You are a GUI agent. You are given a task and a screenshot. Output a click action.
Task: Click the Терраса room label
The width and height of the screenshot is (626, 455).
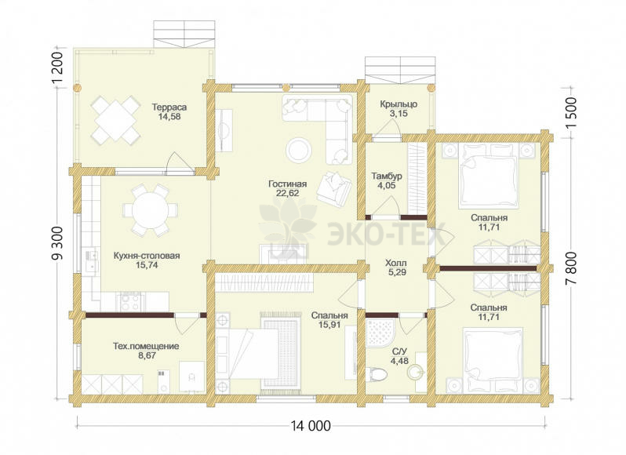[169, 107]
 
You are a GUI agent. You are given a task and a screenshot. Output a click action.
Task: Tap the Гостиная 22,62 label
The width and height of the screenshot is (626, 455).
[287, 188]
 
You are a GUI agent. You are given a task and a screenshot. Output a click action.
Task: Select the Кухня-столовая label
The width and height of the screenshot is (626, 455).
[147, 256]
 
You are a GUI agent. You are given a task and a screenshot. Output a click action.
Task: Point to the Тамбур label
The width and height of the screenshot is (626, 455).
[387, 176]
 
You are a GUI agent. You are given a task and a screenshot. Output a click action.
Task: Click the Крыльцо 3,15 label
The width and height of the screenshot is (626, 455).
[399, 108]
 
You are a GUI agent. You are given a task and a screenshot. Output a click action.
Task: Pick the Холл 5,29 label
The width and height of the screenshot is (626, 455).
[396, 268]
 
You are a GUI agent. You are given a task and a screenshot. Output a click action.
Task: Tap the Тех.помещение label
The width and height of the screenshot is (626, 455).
[146, 346]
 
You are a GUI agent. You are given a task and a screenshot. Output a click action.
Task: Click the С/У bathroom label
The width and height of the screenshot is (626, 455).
[399, 351]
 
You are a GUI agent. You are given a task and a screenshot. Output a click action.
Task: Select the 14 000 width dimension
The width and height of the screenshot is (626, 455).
[311, 426]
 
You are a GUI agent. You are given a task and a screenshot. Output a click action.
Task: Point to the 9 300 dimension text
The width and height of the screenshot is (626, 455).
[58, 243]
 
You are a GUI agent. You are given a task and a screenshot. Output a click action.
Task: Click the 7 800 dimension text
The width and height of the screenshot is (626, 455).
[571, 268]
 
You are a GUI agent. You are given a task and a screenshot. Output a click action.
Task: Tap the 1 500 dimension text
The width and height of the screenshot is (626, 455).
[571, 113]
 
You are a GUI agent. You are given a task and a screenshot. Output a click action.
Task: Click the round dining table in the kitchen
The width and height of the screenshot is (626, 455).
[150, 209]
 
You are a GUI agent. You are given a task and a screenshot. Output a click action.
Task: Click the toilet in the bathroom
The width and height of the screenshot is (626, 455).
[376, 374]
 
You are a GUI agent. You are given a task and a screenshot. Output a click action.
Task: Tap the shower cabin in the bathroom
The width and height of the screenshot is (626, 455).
[381, 333]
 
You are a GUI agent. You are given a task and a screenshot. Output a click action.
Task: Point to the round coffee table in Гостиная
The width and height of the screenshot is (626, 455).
[299, 150]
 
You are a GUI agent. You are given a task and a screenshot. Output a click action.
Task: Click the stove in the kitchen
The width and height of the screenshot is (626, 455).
[130, 301]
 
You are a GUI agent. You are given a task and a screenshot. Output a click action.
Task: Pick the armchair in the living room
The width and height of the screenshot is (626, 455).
[334, 188]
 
